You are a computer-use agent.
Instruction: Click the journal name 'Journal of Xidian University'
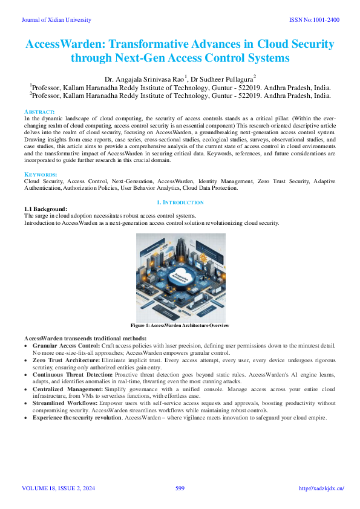click(56, 20)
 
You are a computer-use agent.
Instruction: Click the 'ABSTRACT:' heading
click(39, 112)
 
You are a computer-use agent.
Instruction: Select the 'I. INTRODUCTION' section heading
click(180, 203)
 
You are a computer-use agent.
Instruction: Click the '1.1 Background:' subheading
click(45, 209)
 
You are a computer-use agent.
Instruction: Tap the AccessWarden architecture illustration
click(180, 277)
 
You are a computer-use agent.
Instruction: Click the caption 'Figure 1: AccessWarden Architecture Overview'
click(180, 325)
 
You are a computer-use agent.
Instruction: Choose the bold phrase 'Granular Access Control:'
click(66, 344)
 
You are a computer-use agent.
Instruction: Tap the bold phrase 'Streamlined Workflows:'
click(64, 403)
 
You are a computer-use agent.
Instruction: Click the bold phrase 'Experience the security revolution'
click(77, 418)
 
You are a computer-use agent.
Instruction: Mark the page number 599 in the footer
click(180, 488)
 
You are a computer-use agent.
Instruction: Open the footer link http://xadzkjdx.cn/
click(322, 488)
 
